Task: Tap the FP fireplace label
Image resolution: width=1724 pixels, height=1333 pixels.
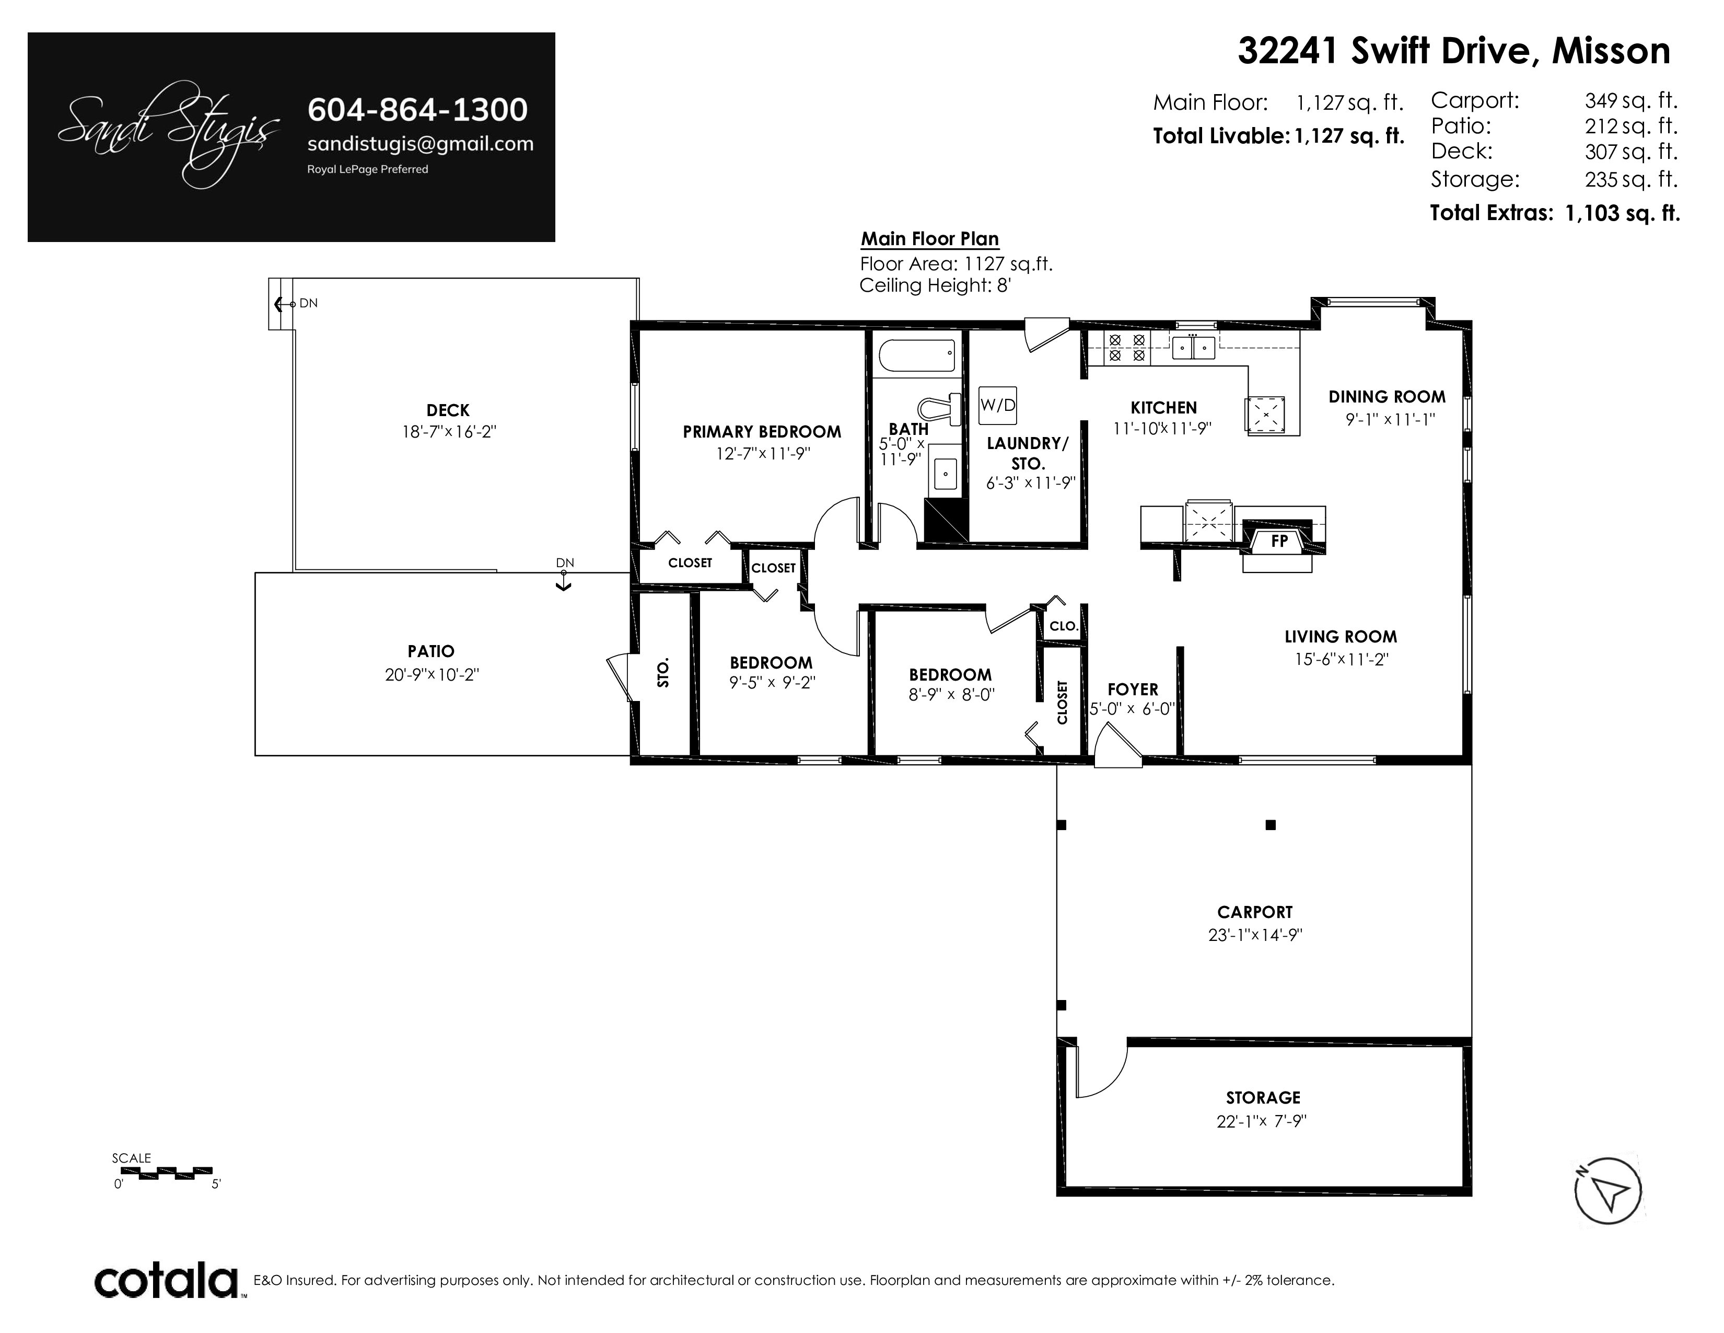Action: [1279, 541]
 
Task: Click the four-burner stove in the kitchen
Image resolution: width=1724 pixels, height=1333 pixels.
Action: [1126, 348]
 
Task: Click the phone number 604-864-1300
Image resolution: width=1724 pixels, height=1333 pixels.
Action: [417, 110]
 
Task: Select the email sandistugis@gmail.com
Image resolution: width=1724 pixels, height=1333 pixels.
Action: [420, 144]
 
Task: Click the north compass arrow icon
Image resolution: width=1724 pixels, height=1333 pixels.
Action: [1608, 1192]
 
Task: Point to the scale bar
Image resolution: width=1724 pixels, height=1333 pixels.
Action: [165, 1172]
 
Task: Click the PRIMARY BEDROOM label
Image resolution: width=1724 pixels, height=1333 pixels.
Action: [762, 432]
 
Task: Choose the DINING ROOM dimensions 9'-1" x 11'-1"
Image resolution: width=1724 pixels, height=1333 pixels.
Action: [1390, 419]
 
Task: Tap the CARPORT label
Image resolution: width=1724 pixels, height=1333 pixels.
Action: [1255, 912]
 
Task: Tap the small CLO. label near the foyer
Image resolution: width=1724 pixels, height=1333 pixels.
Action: [1063, 626]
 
